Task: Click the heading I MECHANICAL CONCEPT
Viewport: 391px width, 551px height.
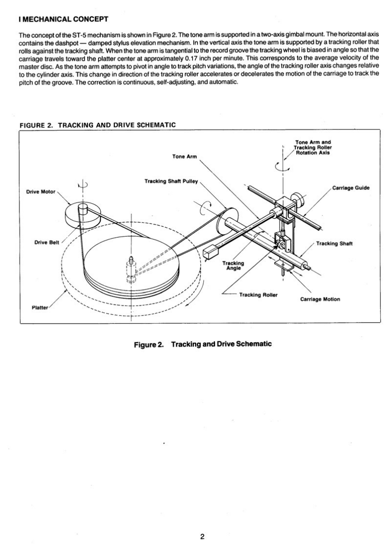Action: click(x=62, y=20)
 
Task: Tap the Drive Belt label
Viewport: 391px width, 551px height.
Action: click(x=45, y=243)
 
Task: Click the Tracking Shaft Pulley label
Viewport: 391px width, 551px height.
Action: click(x=171, y=181)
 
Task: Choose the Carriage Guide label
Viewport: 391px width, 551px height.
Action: click(x=351, y=188)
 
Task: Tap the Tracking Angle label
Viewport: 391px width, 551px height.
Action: click(x=233, y=266)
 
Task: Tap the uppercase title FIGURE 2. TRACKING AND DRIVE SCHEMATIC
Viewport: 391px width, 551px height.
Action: click(x=97, y=125)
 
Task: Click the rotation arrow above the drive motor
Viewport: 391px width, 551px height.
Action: click(x=83, y=185)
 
